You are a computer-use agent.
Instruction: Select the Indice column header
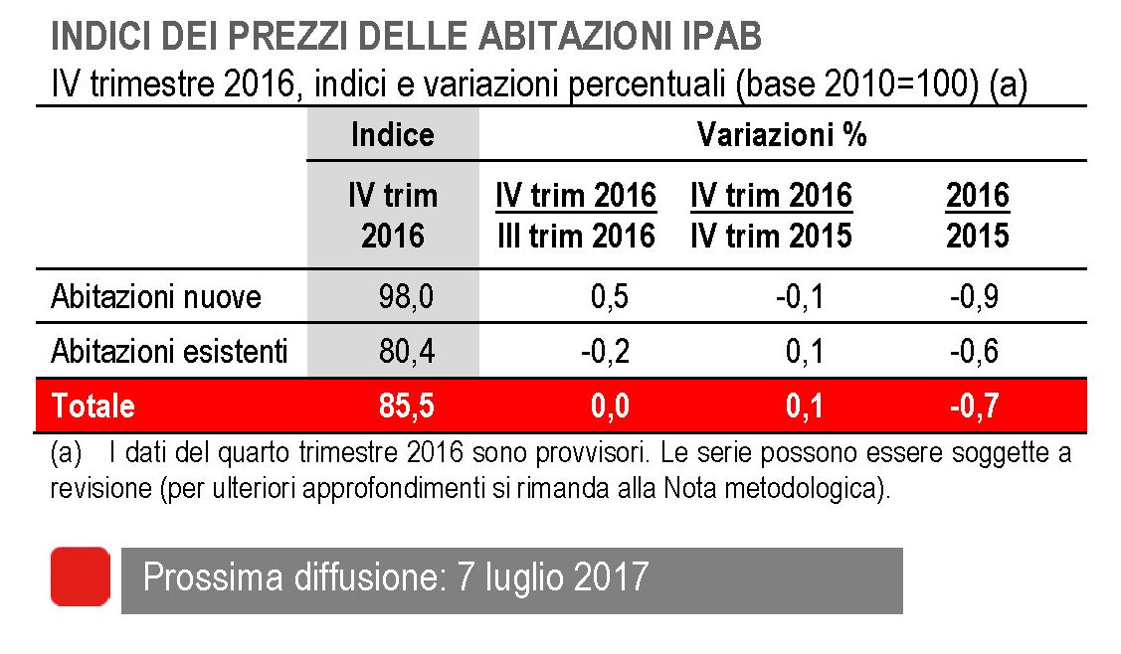point(393,134)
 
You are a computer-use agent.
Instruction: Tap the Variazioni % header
point(782,134)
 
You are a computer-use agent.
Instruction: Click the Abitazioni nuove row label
point(156,296)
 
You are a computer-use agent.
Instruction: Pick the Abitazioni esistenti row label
point(169,351)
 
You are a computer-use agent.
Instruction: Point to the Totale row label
point(93,406)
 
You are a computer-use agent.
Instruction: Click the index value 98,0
point(406,296)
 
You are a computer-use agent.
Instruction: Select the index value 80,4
point(406,351)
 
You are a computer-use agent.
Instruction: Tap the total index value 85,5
point(406,406)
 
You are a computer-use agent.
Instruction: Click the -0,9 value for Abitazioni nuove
point(974,296)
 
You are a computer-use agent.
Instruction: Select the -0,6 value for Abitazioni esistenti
point(974,351)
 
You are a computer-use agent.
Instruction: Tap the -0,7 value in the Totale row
point(974,406)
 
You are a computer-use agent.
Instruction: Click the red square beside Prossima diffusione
point(80,576)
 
